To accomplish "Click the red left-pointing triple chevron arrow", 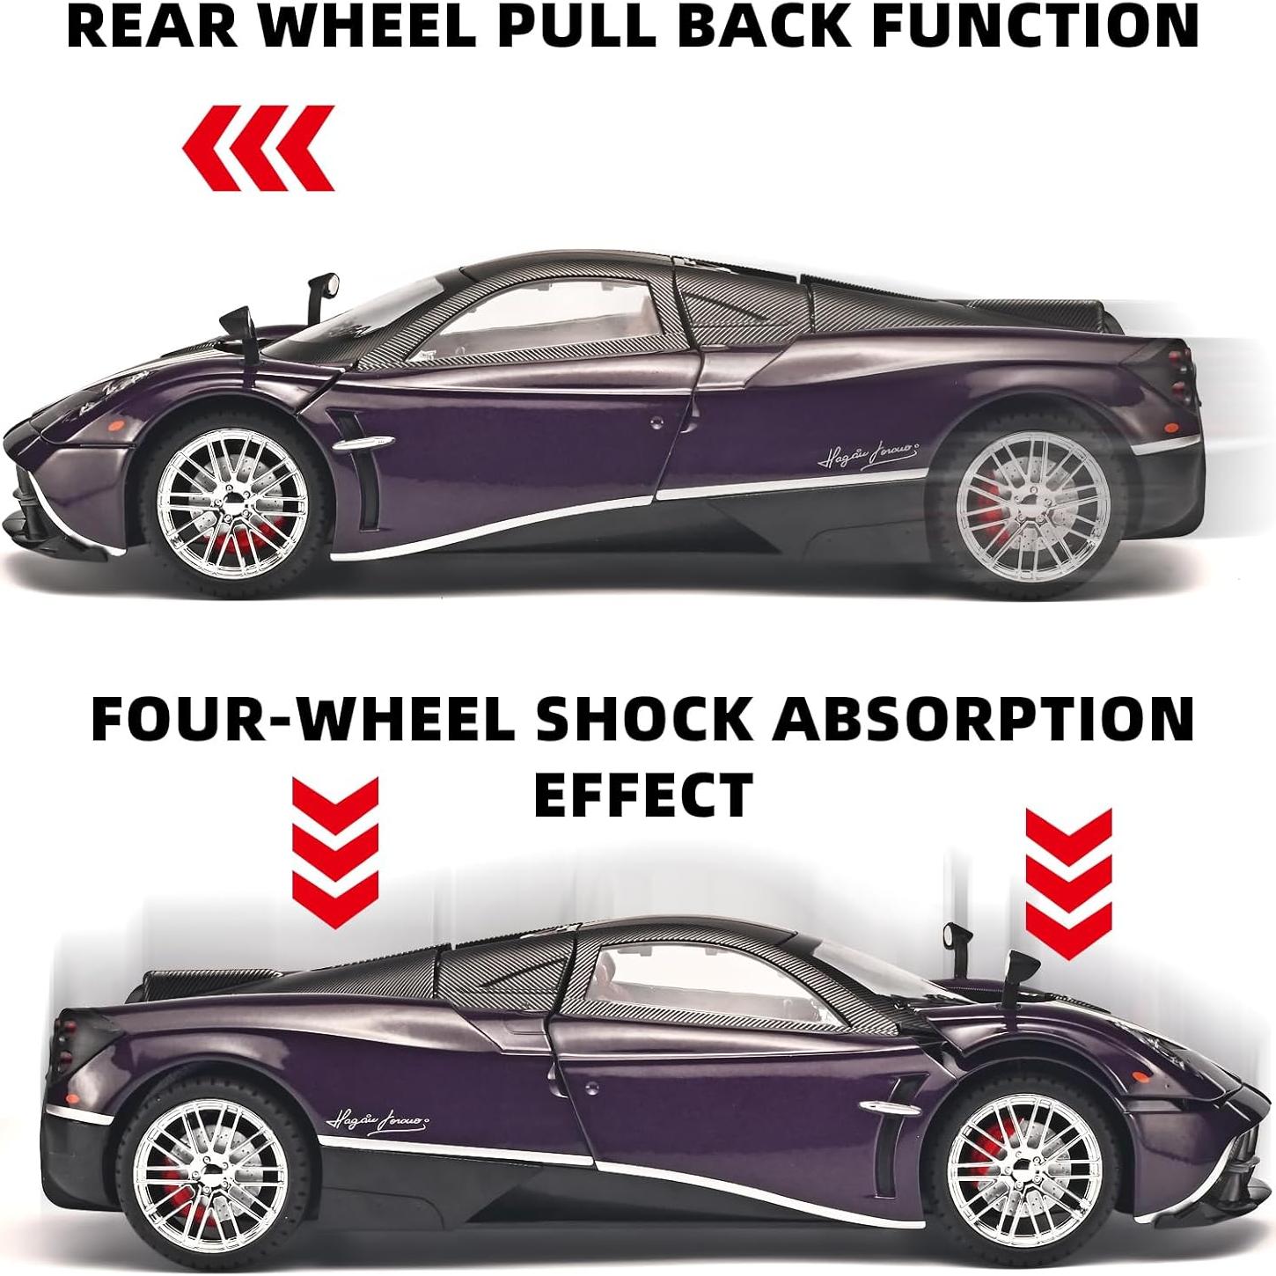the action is (259, 148).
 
